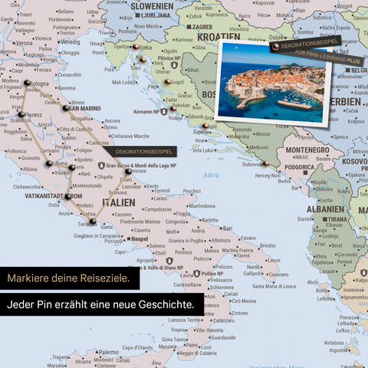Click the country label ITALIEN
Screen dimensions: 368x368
tap(118, 202)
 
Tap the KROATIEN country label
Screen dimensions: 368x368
tap(218, 36)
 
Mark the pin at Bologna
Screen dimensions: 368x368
tap(28, 83)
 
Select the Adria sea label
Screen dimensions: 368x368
tap(211, 176)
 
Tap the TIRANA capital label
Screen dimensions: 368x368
tap(339, 219)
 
